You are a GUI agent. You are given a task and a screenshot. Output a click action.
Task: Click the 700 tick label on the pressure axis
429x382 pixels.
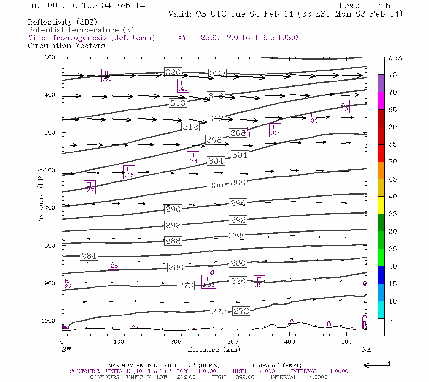click(50, 208)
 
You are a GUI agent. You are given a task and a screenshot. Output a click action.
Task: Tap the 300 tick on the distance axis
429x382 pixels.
click(233, 342)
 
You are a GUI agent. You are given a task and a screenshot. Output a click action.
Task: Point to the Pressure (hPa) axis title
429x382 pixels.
click(41, 196)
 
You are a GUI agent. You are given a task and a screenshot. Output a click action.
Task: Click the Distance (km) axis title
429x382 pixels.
click(214, 350)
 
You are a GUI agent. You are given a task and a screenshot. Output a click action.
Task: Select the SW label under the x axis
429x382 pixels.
click(66, 350)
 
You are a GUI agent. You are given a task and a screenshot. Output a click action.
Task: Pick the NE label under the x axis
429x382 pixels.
click(366, 350)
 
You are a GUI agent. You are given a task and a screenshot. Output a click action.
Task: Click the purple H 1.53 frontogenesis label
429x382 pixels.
click(209, 282)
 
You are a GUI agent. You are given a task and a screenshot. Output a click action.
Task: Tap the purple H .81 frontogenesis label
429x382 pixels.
click(259, 282)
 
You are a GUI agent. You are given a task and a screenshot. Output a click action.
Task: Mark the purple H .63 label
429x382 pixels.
click(275, 130)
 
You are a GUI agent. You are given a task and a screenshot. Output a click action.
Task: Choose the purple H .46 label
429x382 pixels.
click(129, 172)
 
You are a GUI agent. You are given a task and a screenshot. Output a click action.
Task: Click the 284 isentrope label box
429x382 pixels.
click(89, 256)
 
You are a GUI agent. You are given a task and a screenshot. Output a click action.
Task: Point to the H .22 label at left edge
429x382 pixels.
click(67, 283)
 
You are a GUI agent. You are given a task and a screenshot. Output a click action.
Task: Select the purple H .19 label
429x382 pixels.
click(343, 106)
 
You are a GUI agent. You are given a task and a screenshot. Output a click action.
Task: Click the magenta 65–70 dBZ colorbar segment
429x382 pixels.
click(381, 101)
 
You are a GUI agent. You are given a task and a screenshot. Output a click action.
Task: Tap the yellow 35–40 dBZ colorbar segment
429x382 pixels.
click(381, 205)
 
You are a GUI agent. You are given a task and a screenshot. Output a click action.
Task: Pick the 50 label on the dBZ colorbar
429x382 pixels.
click(392, 162)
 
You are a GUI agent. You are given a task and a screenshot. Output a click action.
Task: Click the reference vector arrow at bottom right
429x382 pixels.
click(376, 365)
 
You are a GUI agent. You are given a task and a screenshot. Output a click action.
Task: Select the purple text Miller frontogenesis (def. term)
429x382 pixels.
click(91, 38)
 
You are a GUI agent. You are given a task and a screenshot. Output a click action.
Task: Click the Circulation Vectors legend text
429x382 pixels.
click(66, 46)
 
